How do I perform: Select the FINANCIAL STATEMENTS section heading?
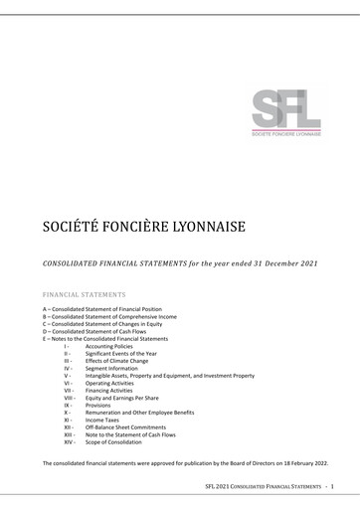tap(85, 295)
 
